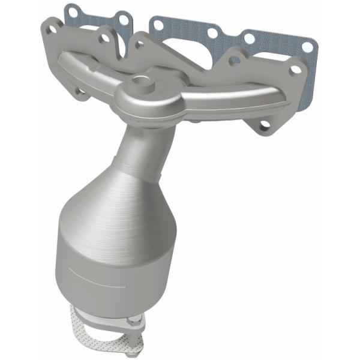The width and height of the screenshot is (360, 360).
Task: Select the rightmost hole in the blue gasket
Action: tap(307, 46)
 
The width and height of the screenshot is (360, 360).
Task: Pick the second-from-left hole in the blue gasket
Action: tap(124, 20)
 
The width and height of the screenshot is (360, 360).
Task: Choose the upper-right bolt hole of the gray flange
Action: tap(295, 70)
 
